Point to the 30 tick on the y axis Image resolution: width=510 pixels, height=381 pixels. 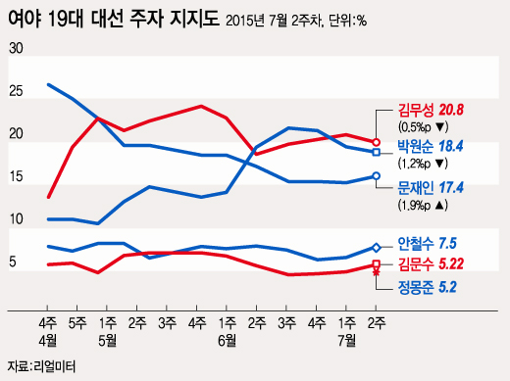[x=15, y=48]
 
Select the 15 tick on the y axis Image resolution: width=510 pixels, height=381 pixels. [x=15, y=176]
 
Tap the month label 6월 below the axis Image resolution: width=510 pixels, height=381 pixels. [x=228, y=339]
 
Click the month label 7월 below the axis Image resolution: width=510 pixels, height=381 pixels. [x=347, y=339]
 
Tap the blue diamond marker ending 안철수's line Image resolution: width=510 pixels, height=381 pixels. [x=377, y=248]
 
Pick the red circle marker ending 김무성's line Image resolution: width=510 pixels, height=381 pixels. [x=377, y=142]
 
